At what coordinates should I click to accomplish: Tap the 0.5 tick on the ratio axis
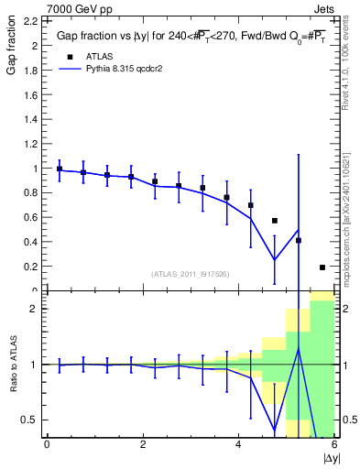(30, 420)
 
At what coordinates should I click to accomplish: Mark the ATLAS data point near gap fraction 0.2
(322, 267)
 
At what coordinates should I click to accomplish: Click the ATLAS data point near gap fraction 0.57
(275, 221)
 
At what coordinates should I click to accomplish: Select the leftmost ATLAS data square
(60, 169)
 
